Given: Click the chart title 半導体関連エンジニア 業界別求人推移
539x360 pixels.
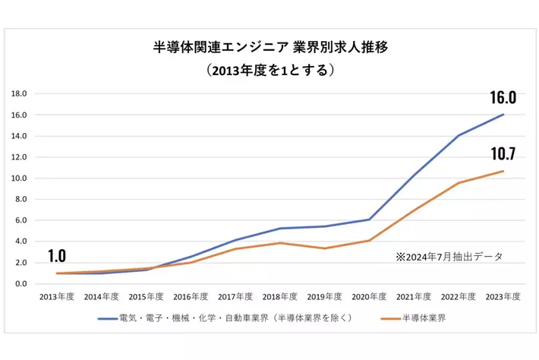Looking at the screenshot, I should [270, 47].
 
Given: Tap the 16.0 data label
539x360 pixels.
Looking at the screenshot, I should [503, 98].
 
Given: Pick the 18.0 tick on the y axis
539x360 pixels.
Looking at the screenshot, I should [20, 94].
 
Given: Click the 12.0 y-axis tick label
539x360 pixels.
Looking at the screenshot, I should [20, 157].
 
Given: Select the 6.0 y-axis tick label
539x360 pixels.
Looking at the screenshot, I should [20, 220].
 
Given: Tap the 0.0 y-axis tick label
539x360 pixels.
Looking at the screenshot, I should [20, 284].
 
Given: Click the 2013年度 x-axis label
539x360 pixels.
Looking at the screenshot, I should [56, 298].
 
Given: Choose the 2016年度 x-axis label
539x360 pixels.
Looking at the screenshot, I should [191, 298].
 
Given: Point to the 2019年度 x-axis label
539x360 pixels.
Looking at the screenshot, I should [325, 298].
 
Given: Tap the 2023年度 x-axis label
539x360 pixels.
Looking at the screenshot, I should [503, 298].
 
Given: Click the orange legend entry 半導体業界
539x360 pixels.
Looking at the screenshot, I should [414, 317].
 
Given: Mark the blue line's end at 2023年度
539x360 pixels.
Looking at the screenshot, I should [503, 115].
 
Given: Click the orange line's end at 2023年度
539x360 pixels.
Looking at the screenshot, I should [503, 171].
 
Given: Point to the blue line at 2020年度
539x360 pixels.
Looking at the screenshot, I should [370, 219].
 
